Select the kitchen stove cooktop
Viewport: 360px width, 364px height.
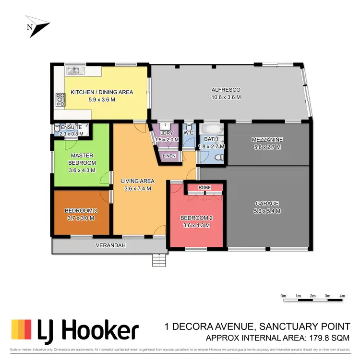tap(60, 99)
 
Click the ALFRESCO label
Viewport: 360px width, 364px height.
tap(226, 90)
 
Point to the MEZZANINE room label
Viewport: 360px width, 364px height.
tap(267, 140)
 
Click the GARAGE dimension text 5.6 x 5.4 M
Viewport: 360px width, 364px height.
tap(267, 211)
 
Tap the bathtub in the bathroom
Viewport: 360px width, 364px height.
tap(211, 130)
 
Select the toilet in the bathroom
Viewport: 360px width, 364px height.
tap(218, 158)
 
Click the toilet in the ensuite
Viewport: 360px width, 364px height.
tap(57, 128)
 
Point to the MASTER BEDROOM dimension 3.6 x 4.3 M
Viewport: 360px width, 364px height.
tap(82, 170)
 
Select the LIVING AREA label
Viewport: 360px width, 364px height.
tap(137, 181)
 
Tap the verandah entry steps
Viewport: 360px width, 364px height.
tap(159, 260)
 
